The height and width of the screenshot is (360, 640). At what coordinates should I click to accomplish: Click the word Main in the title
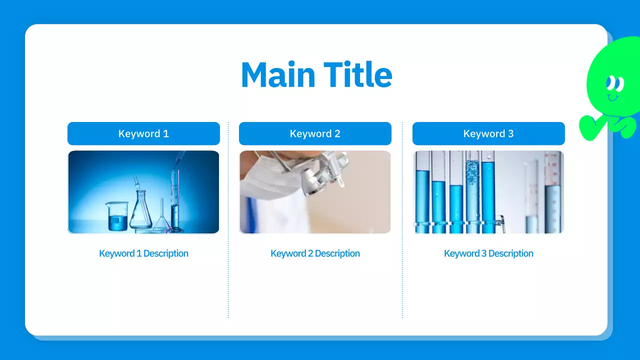coord(278,75)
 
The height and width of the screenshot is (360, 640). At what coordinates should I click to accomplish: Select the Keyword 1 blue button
coord(143,133)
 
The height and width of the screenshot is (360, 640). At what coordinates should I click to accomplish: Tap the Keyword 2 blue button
coord(315,133)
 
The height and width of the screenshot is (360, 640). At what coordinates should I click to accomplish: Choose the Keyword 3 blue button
coord(488,133)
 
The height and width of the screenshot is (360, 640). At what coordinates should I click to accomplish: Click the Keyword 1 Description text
coord(143,253)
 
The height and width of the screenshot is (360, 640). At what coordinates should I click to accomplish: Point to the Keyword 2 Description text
coord(315,253)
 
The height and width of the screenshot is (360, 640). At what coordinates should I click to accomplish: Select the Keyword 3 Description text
coord(488,253)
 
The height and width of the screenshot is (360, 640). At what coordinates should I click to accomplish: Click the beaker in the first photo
coord(117,217)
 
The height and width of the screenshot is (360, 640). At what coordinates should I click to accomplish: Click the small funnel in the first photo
coord(161,217)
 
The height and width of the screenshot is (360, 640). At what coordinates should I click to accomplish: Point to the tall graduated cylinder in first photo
coord(174,200)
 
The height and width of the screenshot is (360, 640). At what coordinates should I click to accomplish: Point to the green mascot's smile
coord(612,97)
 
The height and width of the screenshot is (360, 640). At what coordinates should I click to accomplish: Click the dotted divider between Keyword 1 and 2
coord(228,220)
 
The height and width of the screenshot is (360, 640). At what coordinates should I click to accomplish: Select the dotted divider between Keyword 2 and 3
coord(402,220)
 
